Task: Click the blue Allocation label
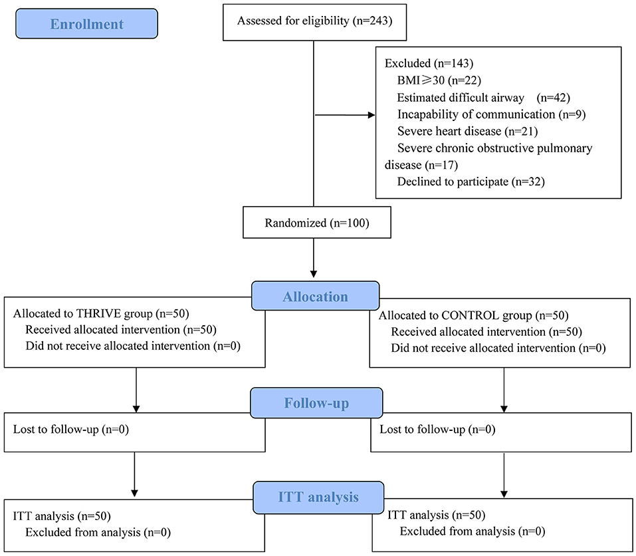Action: click(x=316, y=296)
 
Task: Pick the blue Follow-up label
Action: click(x=316, y=404)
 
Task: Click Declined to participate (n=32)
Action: click(x=471, y=182)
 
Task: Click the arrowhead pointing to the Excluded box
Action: click(x=371, y=115)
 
